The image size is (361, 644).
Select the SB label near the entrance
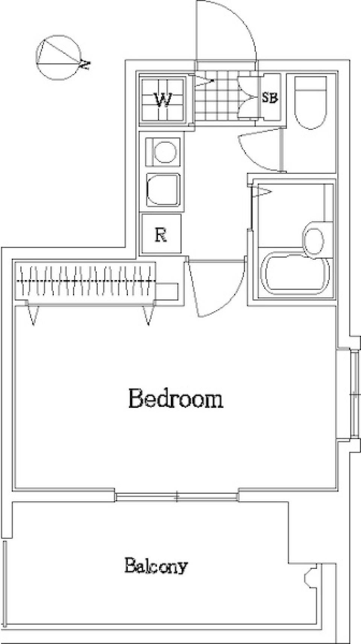point(270,98)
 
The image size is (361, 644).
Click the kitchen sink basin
point(162,190)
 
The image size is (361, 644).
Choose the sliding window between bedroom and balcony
point(176,496)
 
